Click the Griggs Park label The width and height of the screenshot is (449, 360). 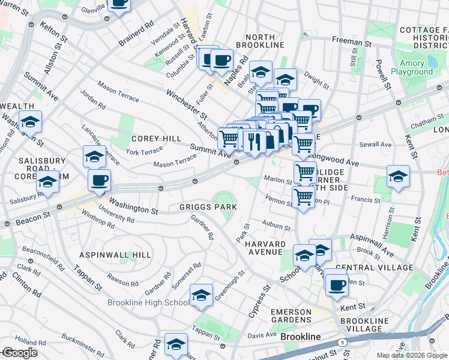pyautogui.click(x=208, y=206)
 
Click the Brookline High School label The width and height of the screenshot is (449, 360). pyautogui.click(x=148, y=302)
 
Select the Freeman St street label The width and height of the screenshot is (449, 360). pyautogui.click(x=352, y=43)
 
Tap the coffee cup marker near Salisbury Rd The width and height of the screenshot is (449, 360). pyautogui.click(x=99, y=180)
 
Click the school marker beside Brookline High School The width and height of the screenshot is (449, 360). pyautogui.click(x=202, y=295)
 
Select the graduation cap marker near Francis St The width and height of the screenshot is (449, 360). pyautogui.click(x=398, y=176)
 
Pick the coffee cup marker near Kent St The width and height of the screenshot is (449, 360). pyautogui.click(x=337, y=284)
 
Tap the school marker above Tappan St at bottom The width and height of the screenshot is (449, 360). pyautogui.click(x=176, y=344)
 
